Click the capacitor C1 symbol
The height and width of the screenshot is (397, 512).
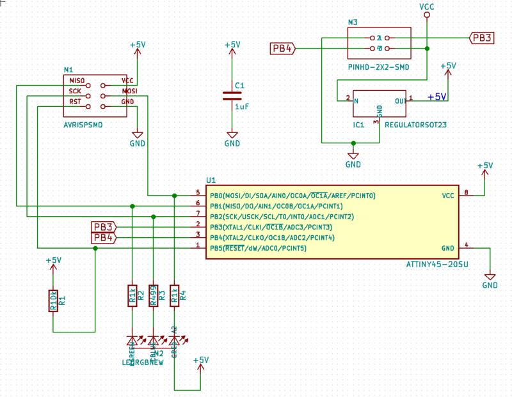[232, 96]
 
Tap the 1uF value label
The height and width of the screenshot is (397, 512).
[242, 107]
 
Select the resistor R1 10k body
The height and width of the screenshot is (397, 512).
[54, 298]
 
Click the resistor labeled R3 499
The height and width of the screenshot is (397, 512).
[153, 296]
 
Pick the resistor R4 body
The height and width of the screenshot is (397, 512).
[174, 296]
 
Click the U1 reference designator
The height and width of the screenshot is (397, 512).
[211, 180]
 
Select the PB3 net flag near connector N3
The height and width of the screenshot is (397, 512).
[481, 38]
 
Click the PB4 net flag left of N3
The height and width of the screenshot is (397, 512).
[282, 48]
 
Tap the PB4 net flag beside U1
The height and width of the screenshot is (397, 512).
[103, 238]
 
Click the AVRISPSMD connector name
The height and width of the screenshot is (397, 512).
[83, 125]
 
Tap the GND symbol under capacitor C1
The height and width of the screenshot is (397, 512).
[232, 142]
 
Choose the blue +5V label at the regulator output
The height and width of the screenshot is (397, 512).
[436, 97]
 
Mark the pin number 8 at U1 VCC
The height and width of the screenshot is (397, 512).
[466, 192]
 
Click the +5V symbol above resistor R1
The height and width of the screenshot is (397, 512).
[54, 261]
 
